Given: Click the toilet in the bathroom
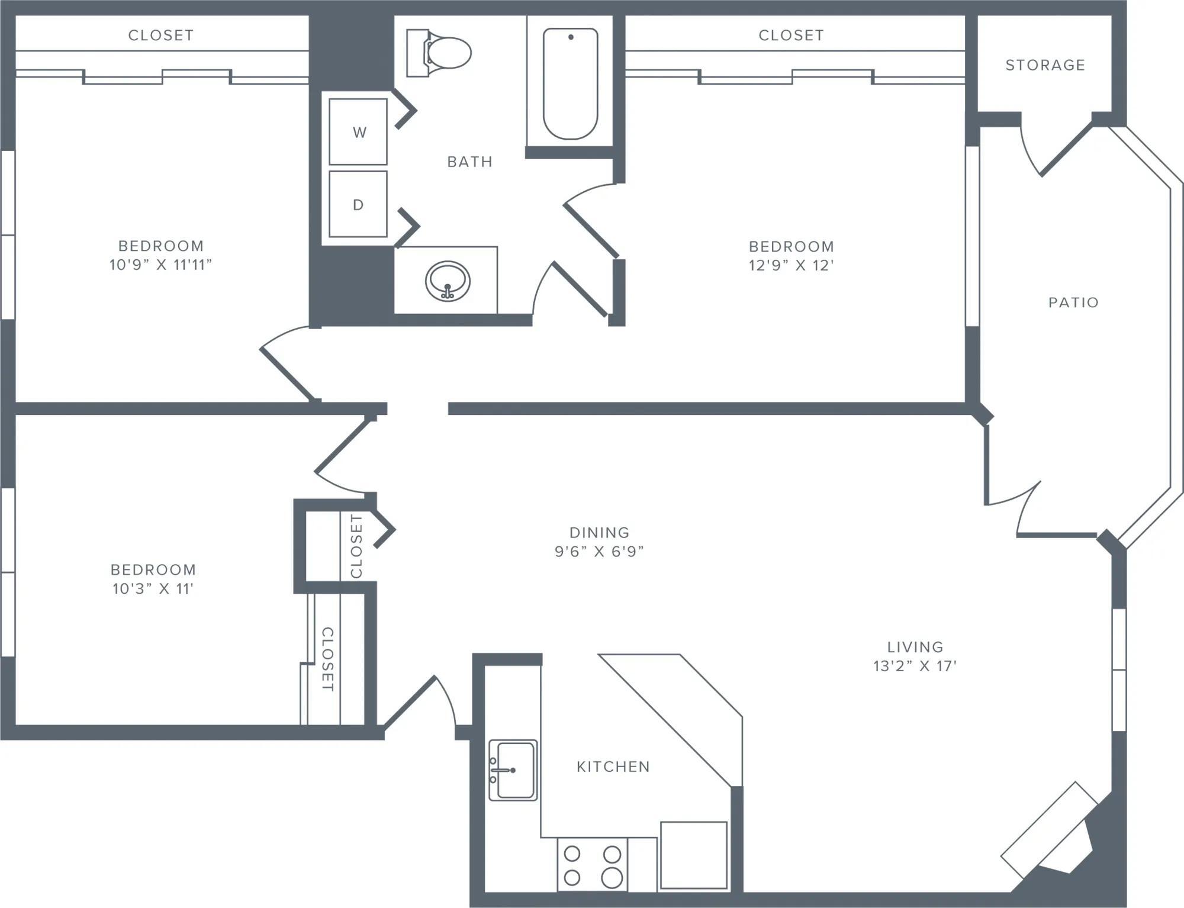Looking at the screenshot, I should point(441,53).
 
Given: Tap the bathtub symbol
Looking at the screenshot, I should point(570,83).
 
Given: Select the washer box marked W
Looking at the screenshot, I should point(358,132).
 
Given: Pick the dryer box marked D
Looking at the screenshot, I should point(358,205).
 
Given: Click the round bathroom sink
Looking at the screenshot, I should point(448,282).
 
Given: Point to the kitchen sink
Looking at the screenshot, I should point(513,769).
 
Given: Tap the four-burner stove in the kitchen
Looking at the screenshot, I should point(592,865).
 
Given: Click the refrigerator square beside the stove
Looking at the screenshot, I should point(693,855).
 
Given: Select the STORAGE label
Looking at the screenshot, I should point(1045,65).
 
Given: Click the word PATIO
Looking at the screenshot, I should point(1073,302).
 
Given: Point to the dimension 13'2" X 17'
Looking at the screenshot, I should point(915,666).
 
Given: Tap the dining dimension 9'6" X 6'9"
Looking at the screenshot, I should point(599,551).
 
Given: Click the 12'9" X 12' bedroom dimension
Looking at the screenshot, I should point(791,265).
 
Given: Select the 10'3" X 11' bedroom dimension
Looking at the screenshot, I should point(153,588).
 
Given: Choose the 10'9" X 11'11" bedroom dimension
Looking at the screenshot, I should point(160,265).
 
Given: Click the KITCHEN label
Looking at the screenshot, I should point(613,767).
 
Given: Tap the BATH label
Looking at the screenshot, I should point(469,162).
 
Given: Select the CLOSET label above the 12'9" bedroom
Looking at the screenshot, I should point(791,36).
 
